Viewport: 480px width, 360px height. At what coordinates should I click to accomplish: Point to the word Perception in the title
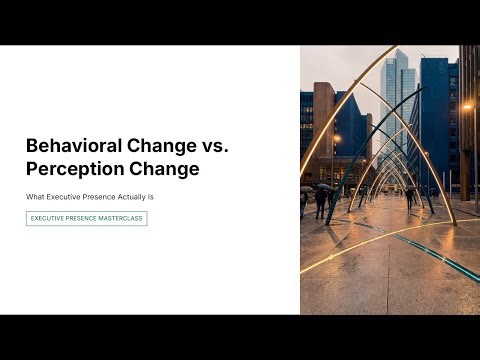[67, 169]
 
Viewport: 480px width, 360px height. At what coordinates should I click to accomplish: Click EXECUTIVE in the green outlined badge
[51, 218]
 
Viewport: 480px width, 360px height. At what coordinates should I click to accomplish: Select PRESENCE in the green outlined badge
[85, 218]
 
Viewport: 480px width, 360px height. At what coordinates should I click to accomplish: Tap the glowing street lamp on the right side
[467, 107]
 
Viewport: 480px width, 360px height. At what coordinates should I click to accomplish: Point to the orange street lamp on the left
[336, 139]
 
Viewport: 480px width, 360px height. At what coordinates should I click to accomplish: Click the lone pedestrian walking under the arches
[410, 197]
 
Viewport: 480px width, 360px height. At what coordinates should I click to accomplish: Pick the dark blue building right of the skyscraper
[437, 120]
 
